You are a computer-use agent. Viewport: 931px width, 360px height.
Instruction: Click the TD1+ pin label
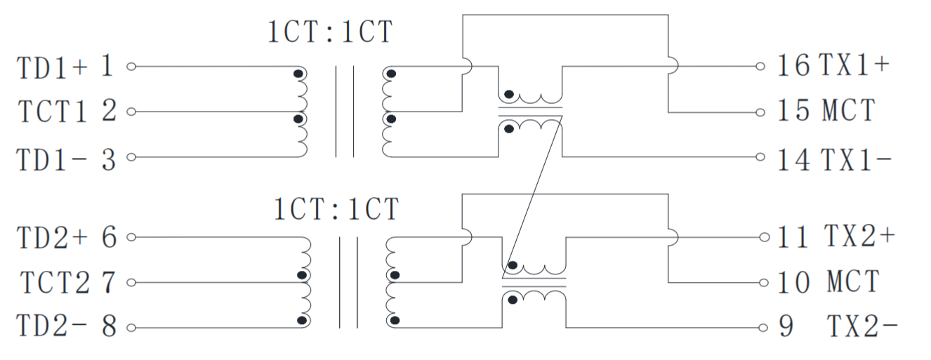[53, 67]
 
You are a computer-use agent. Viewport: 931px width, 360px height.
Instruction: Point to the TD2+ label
[53, 239]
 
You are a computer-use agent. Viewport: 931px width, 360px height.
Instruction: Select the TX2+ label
[859, 236]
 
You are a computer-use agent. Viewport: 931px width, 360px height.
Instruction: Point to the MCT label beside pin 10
[852, 282]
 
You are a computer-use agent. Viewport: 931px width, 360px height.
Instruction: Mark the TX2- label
[862, 327]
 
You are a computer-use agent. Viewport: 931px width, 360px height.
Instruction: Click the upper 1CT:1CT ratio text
[330, 32]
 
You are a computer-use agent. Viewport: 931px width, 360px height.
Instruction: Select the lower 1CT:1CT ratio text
[336, 209]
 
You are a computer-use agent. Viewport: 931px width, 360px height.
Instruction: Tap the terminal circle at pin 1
[130, 67]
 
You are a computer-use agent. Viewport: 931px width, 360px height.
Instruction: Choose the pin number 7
[108, 283]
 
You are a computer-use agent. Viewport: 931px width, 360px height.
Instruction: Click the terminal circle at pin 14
[760, 156]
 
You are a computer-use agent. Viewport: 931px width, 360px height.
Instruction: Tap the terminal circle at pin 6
[130, 239]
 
